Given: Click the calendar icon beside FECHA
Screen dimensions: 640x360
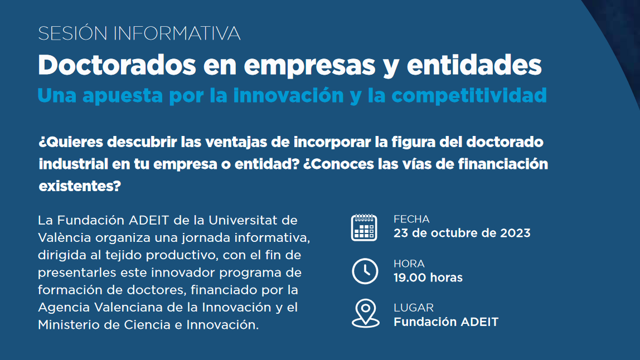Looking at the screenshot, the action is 364,227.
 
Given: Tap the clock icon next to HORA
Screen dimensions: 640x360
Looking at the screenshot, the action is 365,271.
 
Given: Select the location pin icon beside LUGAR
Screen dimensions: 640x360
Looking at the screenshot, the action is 366,314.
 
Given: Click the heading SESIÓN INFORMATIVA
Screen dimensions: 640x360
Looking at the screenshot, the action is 139,33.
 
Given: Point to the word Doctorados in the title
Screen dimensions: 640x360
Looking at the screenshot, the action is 117,65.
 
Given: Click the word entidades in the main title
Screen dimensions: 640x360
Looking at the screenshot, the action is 474,65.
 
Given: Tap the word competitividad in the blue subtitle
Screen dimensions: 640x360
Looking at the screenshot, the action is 469,95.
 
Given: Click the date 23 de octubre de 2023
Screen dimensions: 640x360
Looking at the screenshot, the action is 462,233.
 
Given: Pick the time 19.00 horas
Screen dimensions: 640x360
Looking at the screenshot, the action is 428,278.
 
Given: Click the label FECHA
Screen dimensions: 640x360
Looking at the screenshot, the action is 411,219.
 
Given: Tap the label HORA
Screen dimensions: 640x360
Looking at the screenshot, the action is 409,264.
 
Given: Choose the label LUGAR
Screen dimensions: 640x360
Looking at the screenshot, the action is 414,308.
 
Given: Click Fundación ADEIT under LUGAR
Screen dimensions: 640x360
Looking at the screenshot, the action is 446,322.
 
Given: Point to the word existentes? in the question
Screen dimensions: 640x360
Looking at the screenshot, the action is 80,186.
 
